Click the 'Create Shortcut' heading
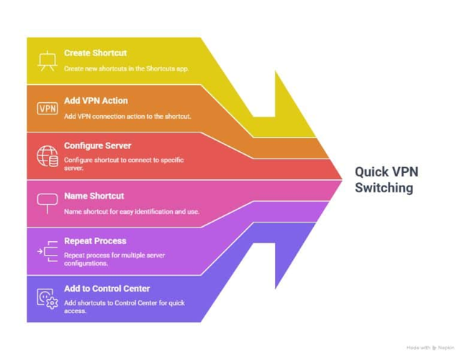pyautogui.click(x=95, y=53)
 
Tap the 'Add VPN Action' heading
pyautogui.click(x=96, y=101)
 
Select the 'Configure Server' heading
pyautogui.click(x=98, y=146)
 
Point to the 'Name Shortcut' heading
pyautogui.click(x=94, y=196)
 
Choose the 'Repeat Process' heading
pyautogui.click(x=95, y=241)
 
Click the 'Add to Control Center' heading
pyautogui.click(x=107, y=289)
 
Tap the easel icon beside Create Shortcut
pyautogui.click(x=48, y=61)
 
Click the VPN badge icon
pyautogui.click(x=48, y=109)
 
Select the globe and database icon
pyautogui.click(x=48, y=156)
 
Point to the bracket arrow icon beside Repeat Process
pyautogui.click(x=48, y=251)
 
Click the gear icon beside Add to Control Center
pyautogui.click(x=53, y=303)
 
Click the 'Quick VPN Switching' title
pyautogui.click(x=387, y=180)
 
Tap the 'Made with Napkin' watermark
pyautogui.click(x=430, y=348)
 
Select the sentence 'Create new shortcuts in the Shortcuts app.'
pyautogui.click(x=127, y=68)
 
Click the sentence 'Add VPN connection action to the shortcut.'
pyautogui.click(x=127, y=116)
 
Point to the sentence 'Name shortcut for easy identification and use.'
pyautogui.click(x=132, y=212)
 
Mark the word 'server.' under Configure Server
pyautogui.click(x=73, y=168)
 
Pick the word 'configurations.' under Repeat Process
pyautogui.click(x=86, y=264)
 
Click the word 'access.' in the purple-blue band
pyautogui.click(x=75, y=311)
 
